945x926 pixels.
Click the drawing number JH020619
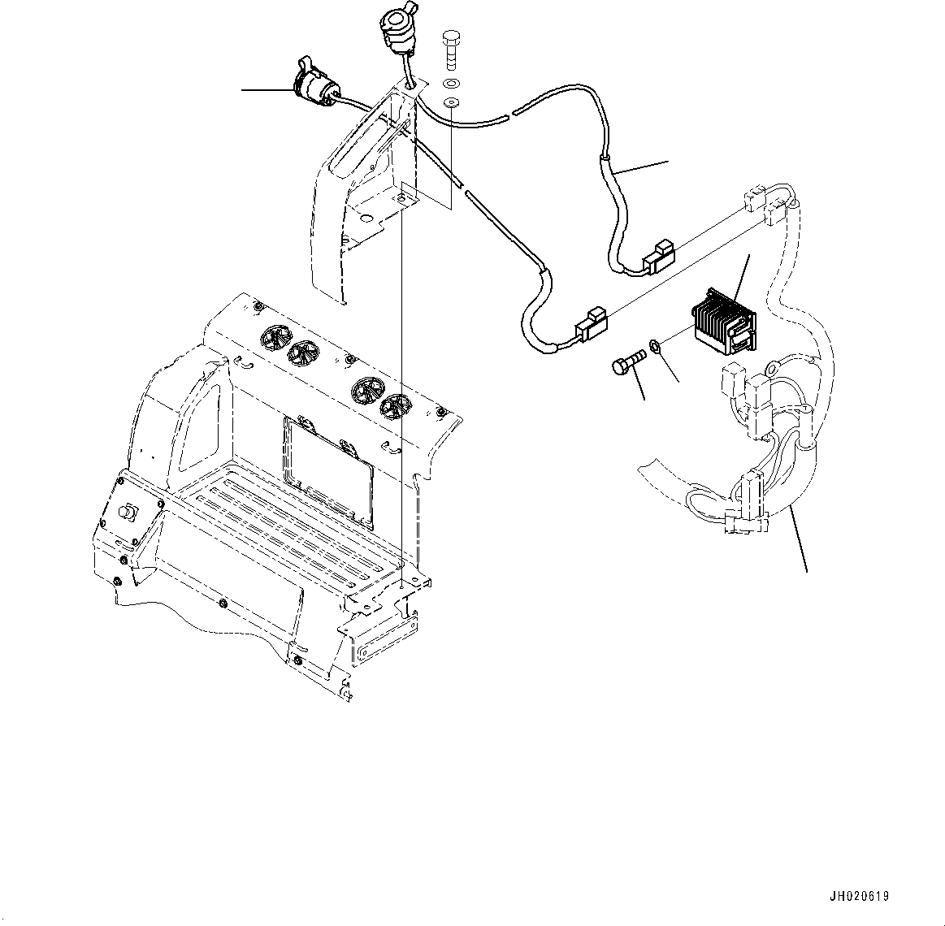[859, 897]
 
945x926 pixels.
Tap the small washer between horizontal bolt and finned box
[657, 348]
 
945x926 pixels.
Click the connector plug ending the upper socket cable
[658, 254]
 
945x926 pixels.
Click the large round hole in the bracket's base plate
[369, 219]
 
